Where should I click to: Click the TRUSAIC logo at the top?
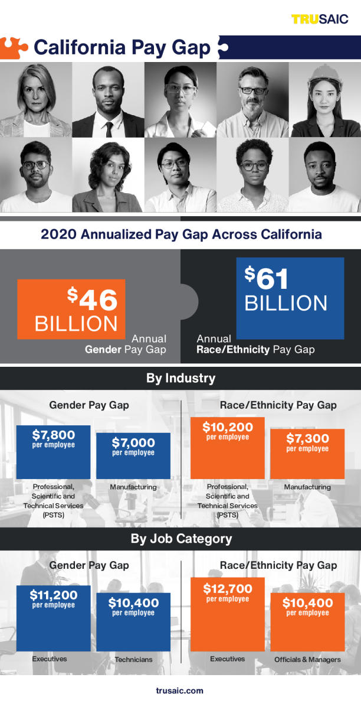click(x=320, y=19)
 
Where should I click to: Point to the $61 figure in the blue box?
click(x=270, y=278)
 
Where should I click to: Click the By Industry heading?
click(x=180, y=378)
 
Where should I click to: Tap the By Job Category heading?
click(x=180, y=539)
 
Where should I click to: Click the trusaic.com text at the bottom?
click(x=180, y=690)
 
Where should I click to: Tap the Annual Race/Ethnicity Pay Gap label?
click(x=255, y=344)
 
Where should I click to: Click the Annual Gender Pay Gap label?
click(x=126, y=344)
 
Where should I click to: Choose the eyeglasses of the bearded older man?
click(x=252, y=90)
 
